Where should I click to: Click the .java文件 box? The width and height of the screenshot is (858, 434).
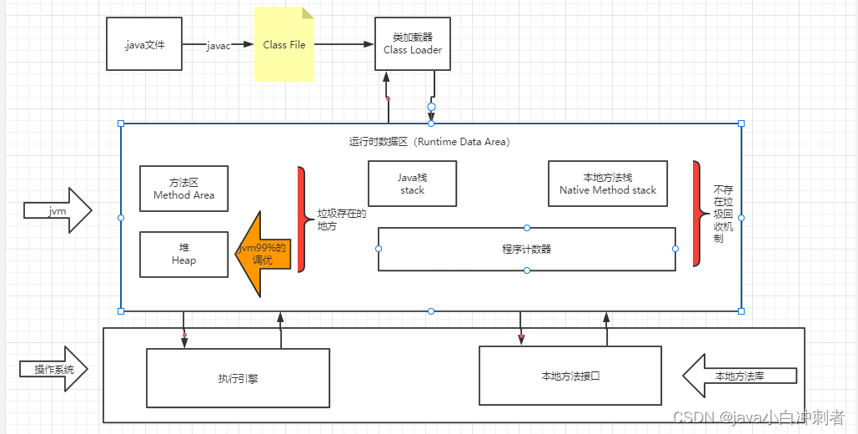(144, 44)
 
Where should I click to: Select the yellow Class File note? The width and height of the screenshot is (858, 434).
(284, 44)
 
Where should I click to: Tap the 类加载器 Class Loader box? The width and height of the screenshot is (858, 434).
(412, 44)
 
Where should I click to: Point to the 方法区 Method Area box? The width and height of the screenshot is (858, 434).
(183, 188)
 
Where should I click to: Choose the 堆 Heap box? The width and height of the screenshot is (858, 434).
(183, 254)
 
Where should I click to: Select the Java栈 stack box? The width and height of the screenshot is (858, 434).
(412, 184)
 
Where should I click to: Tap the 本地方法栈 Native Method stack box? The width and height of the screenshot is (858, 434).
(608, 184)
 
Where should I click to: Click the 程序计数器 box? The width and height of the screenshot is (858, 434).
(526, 249)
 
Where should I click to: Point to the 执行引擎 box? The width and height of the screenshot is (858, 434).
(238, 378)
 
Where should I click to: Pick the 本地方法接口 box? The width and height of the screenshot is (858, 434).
(570, 376)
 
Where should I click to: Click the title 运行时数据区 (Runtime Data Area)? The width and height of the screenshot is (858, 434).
(429, 142)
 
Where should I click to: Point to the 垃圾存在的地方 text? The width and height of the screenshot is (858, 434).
(336, 220)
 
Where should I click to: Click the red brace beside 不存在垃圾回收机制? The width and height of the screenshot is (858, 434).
(696, 213)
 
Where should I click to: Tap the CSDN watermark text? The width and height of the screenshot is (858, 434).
(759, 416)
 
